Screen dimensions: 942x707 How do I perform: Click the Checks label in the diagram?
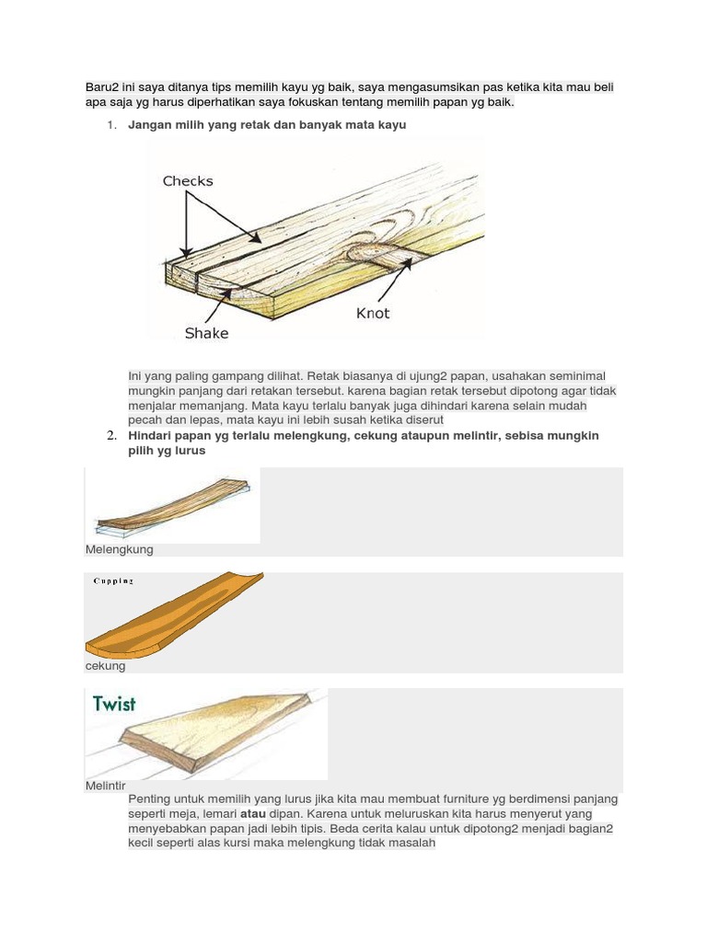188,181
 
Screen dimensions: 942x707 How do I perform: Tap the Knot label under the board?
373,314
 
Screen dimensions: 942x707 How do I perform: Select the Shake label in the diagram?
206,333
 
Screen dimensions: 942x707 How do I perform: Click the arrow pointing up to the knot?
401,276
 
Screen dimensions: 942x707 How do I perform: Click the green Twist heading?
114,705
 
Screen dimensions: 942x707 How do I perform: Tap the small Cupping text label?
113,581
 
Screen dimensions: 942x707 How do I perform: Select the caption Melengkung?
119,549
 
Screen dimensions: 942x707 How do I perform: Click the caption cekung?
105,666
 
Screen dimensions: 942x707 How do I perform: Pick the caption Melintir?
105,786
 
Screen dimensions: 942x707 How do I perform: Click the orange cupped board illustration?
175,617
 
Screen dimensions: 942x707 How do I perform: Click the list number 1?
110,124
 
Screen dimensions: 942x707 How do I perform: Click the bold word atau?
253,814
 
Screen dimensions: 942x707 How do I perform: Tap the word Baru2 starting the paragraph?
102,87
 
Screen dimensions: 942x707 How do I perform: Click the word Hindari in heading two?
149,435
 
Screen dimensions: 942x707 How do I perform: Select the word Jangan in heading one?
150,124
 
